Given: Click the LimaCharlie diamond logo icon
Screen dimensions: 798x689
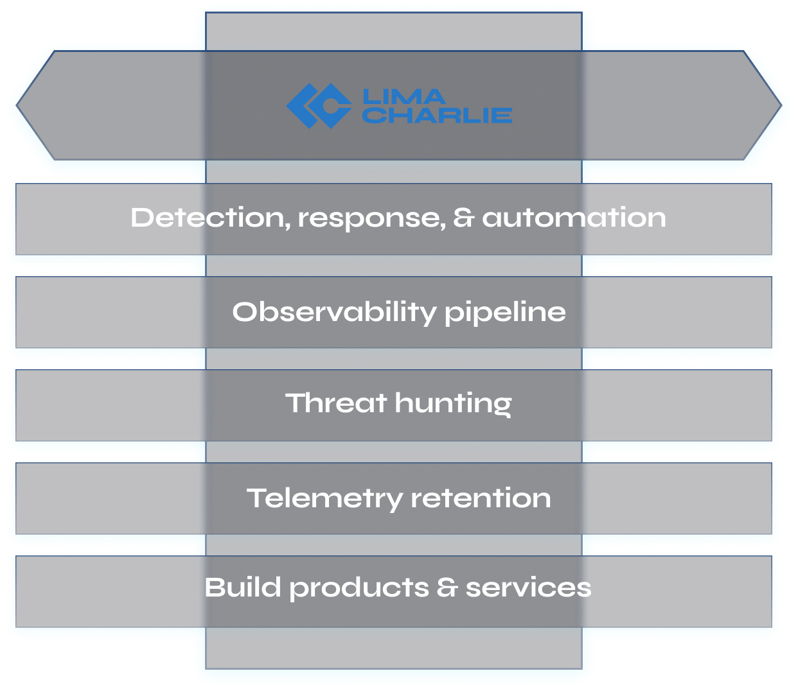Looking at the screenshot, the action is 319,106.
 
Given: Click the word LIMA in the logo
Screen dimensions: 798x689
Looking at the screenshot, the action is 403,97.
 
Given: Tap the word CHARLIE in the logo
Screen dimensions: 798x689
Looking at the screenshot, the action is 437,116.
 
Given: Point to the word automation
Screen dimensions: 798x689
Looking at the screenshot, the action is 574,218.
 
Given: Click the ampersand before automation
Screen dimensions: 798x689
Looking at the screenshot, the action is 463,218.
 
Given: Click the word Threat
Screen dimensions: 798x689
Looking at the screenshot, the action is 336,403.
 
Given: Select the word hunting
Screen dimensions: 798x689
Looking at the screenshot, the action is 453,405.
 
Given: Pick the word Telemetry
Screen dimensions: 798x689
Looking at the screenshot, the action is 324,499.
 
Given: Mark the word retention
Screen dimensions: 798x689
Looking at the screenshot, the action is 481,498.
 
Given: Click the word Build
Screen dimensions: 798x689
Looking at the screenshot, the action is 243,588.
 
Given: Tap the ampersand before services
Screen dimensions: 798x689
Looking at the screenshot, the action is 447,588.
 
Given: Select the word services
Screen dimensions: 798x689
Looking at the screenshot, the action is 528,588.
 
